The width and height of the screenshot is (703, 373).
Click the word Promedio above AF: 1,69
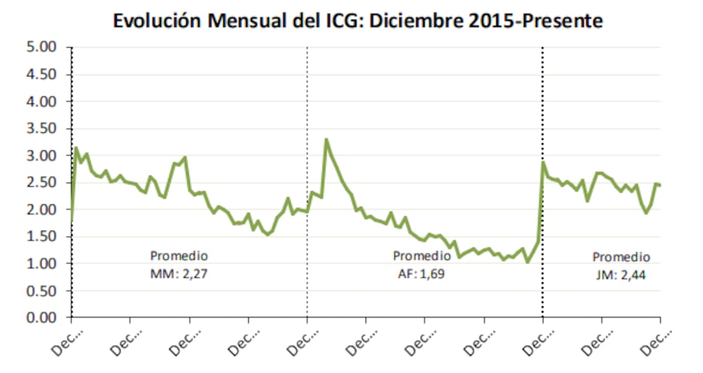tap(422, 255)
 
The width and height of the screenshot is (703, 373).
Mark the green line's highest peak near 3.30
tap(326, 140)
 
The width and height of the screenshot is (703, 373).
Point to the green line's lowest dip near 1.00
tap(527, 262)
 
